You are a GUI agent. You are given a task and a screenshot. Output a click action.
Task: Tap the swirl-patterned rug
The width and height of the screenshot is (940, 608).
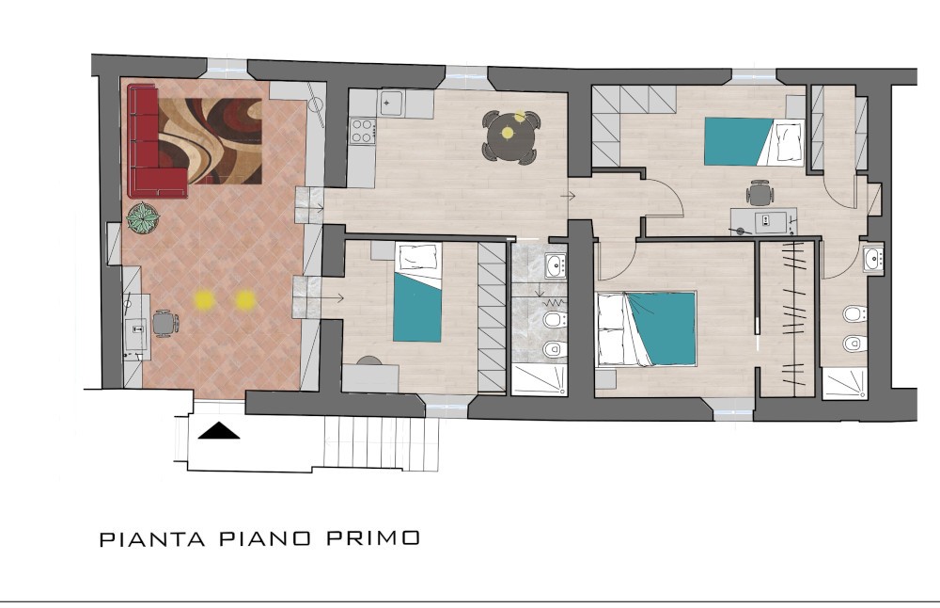point(210,141)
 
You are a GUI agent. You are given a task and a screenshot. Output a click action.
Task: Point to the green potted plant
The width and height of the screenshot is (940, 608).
point(143,217)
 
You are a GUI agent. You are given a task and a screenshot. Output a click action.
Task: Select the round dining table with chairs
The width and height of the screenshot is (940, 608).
point(510,136)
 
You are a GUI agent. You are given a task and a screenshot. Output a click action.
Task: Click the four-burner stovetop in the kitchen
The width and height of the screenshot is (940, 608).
point(363,132)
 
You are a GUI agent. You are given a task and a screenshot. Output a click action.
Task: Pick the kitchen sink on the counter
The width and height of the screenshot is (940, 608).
point(392,104)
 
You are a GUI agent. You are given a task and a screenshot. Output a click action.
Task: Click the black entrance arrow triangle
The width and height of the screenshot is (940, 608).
point(219,430)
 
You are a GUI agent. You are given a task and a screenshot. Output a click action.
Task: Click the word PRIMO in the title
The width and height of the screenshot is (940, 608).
point(373,537)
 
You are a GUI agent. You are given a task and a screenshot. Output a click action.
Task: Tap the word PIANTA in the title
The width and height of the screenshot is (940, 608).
point(152,538)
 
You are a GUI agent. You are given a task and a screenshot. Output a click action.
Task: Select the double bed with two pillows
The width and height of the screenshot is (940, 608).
point(647,328)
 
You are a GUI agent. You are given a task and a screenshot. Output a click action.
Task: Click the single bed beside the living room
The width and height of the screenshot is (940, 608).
point(418,292)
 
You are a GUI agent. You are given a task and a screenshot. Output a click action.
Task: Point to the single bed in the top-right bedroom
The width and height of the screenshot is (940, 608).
point(754,141)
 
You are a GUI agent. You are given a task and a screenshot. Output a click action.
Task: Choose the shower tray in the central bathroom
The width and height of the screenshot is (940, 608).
point(539,380)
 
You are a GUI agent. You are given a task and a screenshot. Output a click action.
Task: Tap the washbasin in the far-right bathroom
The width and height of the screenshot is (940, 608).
point(873,259)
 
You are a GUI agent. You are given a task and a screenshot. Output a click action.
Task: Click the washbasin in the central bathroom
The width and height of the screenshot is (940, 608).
point(556,264)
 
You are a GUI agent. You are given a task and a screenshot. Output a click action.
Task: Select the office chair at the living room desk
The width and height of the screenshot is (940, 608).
point(164,324)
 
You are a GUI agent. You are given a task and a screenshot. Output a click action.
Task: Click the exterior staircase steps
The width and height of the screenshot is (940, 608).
point(382,443)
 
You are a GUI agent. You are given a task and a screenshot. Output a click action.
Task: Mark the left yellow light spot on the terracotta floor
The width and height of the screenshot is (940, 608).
point(204,299)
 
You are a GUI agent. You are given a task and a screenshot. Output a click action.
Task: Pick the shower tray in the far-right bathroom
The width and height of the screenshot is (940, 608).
point(845,383)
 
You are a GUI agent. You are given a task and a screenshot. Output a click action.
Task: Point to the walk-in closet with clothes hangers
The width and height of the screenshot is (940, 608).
point(787,318)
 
